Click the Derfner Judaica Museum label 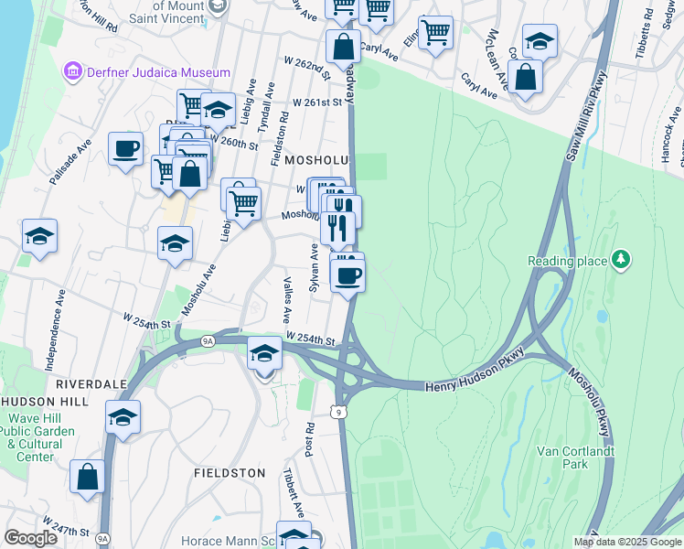click(x=155, y=72)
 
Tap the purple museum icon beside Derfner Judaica click(x=71, y=71)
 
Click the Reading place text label click(x=567, y=262)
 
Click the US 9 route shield click(x=340, y=413)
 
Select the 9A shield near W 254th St click(x=207, y=340)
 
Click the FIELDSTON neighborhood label click(x=230, y=473)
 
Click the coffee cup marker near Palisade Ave click(x=125, y=149)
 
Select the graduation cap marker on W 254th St click(x=264, y=352)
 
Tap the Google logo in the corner click(x=30, y=538)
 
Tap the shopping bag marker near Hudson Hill click(x=87, y=476)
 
